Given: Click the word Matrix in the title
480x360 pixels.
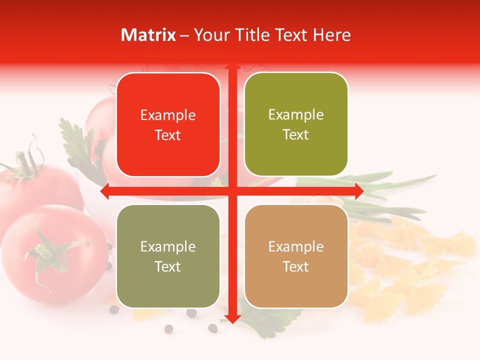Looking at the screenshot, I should pyautogui.click(x=148, y=35).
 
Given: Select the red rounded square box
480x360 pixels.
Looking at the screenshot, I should pyautogui.click(x=168, y=124).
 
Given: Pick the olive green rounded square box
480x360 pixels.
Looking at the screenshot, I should pyautogui.click(x=296, y=124).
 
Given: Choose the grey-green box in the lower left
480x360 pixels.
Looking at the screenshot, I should pyautogui.click(x=168, y=256).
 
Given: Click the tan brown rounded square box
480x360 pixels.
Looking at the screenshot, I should pyautogui.click(x=296, y=256).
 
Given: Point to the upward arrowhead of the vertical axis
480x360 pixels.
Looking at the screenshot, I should pyautogui.click(x=232, y=65).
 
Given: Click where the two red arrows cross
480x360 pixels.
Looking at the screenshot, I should pyautogui.click(x=232, y=191).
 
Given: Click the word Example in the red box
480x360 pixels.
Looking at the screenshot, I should pyautogui.click(x=168, y=115).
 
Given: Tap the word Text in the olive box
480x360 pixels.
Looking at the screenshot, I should pyautogui.click(x=296, y=135).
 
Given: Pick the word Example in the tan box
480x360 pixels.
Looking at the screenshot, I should pyautogui.click(x=296, y=246).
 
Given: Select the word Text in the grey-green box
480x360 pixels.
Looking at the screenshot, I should pyautogui.click(x=168, y=266).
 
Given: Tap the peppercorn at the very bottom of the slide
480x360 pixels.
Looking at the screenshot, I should pyautogui.click(x=168, y=328).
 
